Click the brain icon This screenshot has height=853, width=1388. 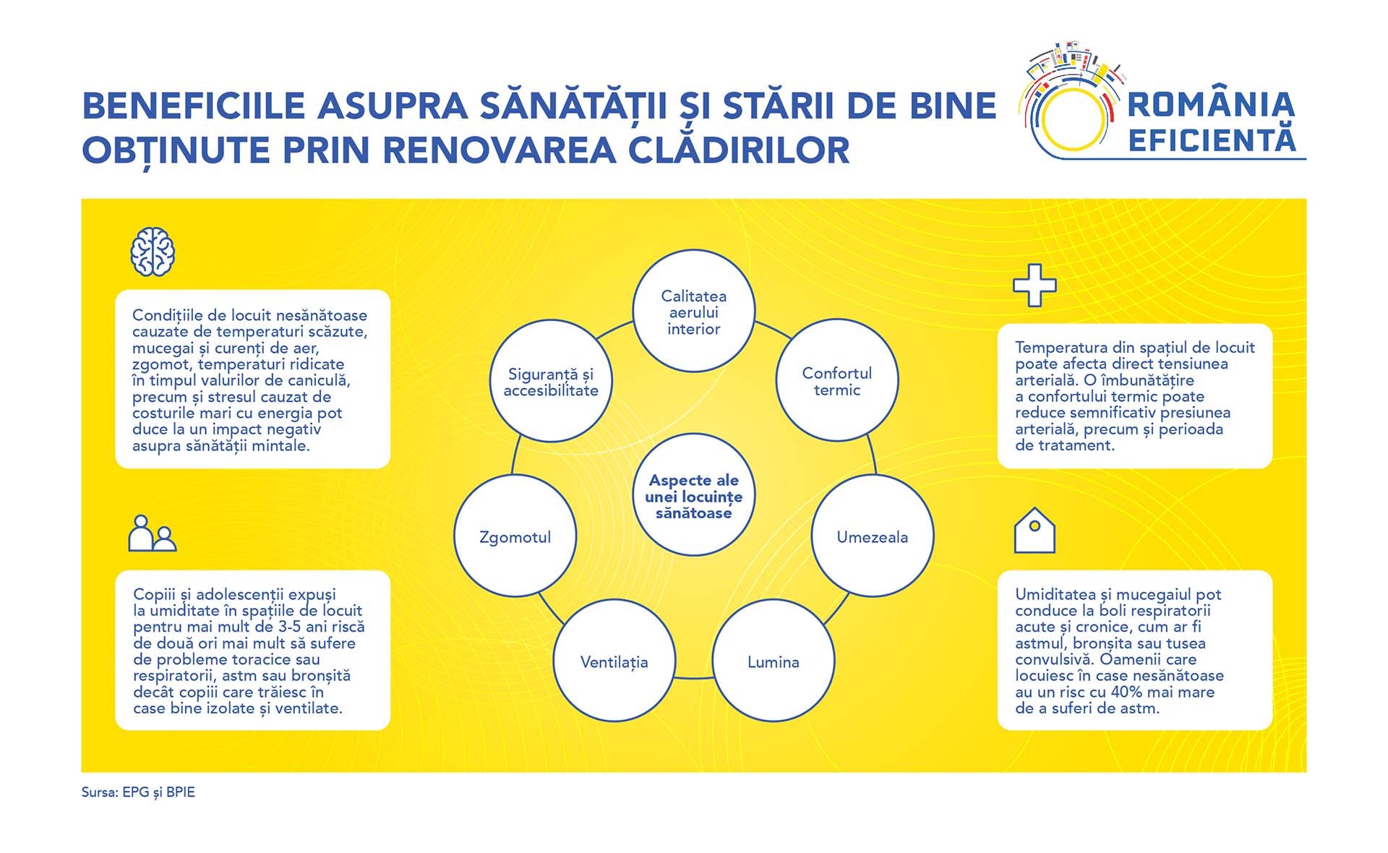[153, 252]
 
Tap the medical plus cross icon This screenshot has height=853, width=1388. [1034, 285]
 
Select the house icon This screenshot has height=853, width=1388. [1034, 530]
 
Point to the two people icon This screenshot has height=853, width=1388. [153, 533]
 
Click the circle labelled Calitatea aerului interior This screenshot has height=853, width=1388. [694, 311]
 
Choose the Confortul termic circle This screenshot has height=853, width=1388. [837, 380]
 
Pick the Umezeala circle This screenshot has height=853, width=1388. [873, 536]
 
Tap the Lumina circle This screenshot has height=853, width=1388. [774, 661]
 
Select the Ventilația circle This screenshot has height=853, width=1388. [614, 661]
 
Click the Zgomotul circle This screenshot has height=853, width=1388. [515, 536]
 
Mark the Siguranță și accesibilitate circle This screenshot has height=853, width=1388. [551, 381]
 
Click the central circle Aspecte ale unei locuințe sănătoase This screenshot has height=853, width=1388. [694, 494]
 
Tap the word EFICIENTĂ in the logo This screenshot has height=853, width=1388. [1212, 140]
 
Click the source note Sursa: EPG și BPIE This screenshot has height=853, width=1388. [138, 792]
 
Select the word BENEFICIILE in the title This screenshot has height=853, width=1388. [194, 106]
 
